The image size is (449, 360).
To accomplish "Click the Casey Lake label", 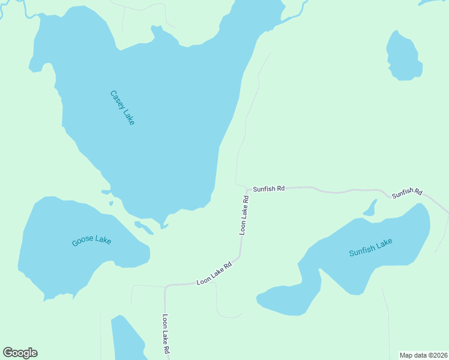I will [122, 107].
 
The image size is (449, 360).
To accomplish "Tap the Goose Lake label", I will [91, 241].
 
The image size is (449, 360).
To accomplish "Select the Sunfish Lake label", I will [370, 247].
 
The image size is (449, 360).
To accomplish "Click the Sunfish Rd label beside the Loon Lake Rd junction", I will [268, 188].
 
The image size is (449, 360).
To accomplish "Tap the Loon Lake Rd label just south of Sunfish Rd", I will [244, 214].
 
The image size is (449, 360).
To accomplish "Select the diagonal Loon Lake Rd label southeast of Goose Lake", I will [214, 274].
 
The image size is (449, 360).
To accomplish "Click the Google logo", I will [20, 353].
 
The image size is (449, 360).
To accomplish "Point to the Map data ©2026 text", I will [423, 355].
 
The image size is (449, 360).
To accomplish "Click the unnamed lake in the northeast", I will [404, 57].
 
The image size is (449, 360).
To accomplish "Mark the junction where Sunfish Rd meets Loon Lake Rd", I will [246, 188].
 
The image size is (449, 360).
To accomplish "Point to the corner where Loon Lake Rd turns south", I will [166, 287].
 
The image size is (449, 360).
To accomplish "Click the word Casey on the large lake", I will [116, 98].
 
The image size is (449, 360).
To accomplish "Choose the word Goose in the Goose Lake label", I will [83, 242].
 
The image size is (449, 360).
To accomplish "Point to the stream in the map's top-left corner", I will [15, 7].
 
